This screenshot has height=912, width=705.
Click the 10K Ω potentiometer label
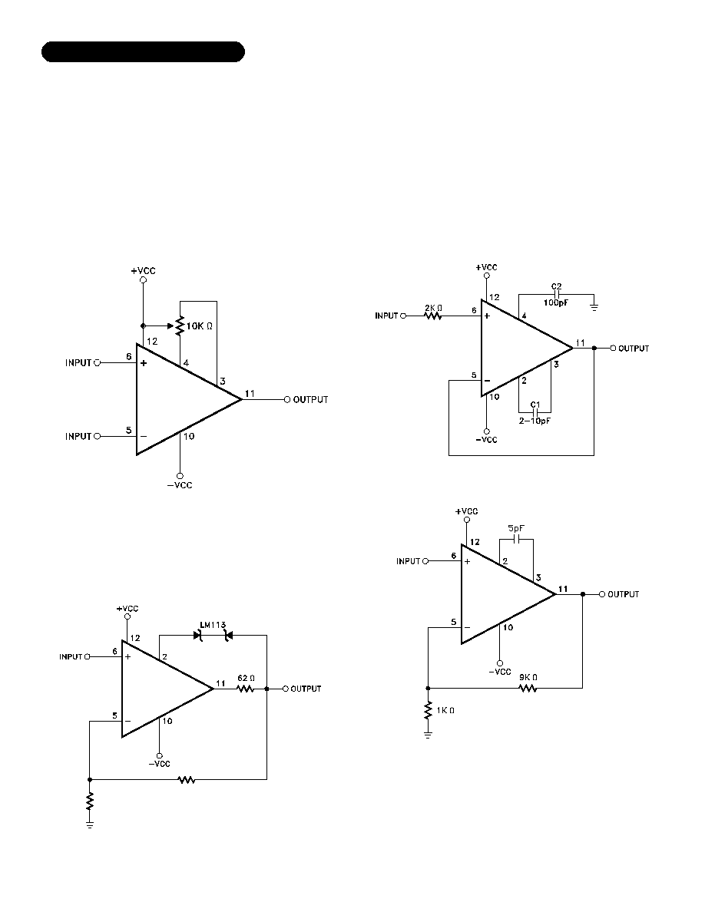pos(199,326)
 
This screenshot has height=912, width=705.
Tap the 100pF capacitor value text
pos(556,303)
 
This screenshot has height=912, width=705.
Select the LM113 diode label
pos(213,625)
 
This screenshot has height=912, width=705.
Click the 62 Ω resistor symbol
pos(246,689)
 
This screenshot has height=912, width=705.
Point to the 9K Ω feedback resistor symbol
pos(528,688)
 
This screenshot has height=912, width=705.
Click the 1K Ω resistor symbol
pos(428,710)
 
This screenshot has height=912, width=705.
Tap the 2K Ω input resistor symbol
pos(433,316)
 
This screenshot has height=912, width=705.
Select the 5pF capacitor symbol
pos(516,539)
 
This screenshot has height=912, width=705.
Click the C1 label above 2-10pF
pos(535,405)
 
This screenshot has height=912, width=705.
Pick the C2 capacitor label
pos(557,286)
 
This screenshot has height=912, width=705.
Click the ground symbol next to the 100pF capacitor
pos(594,306)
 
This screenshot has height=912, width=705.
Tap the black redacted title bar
pos(143,51)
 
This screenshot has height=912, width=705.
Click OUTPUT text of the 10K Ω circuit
pos(310,400)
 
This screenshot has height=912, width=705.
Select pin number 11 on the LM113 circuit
pos(220,683)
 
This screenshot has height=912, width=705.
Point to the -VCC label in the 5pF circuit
pos(500,672)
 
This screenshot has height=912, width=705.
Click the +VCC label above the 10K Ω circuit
pos(143,271)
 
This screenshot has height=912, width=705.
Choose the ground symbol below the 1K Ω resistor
pos(428,735)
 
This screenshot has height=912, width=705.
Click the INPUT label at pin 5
pos(78,436)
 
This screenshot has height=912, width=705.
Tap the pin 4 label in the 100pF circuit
pos(524,316)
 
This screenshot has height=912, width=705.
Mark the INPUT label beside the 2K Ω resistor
pos(386,316)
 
